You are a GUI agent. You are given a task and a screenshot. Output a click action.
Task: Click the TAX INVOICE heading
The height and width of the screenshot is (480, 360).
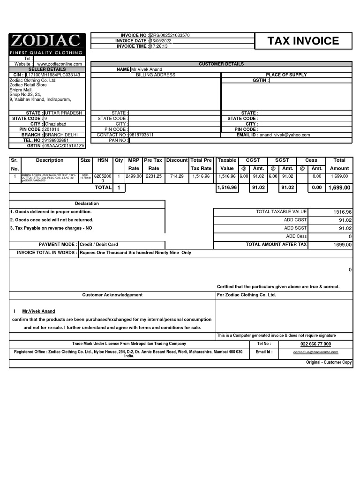click(x=303, y=41)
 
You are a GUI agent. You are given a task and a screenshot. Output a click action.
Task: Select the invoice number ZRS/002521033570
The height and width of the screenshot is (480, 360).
click(x=170, y=36)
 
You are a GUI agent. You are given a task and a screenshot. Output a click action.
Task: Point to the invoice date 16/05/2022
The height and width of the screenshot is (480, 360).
click(x=161, y=41)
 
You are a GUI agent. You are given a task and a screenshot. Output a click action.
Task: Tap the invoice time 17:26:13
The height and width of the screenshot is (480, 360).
click(x=159, y=46)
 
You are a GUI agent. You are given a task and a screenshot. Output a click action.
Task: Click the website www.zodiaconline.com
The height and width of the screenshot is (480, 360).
click(x=60, y=64)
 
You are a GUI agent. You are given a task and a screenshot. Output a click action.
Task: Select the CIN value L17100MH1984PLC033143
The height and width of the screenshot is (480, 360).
click(x=52, y=75)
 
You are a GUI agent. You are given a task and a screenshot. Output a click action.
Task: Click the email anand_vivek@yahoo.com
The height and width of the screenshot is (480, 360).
click(x=285, y=135)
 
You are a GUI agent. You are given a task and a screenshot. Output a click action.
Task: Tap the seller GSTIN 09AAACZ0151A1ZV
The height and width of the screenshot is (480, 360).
click(x=64, y=146)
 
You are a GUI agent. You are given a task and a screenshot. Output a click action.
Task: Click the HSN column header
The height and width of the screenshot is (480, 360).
click(x=102, y=160)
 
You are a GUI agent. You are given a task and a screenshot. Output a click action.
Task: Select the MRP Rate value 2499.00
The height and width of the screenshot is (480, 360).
click(x=134, y=176)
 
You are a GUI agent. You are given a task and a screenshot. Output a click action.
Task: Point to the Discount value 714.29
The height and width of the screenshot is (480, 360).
click(x=177, y=176)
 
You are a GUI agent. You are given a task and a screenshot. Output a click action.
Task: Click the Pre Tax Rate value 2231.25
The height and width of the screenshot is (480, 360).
click(x=153, y=176)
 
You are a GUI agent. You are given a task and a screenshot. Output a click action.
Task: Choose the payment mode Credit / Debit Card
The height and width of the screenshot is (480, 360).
click(x=99, y=244)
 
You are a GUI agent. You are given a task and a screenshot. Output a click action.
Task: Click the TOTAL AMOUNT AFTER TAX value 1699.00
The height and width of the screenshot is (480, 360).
click(x=342, y=245)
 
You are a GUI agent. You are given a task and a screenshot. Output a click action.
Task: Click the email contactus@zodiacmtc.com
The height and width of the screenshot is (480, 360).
click(x=315, y=352)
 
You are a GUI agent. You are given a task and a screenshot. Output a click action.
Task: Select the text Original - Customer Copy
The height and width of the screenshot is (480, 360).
click(x=329, y=362)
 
